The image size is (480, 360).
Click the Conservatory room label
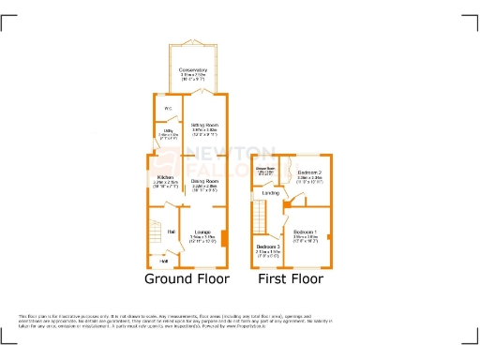click(193, 69)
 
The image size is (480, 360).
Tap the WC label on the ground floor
click(168, 109)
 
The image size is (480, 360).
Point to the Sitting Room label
click(206, 124)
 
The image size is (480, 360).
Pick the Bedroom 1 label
click(306, 232)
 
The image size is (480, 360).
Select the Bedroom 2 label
click(310, 172)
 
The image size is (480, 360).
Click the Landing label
click(268, 194)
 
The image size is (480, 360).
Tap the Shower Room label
click(265, 170)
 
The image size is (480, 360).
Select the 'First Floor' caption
click(291, 279)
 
